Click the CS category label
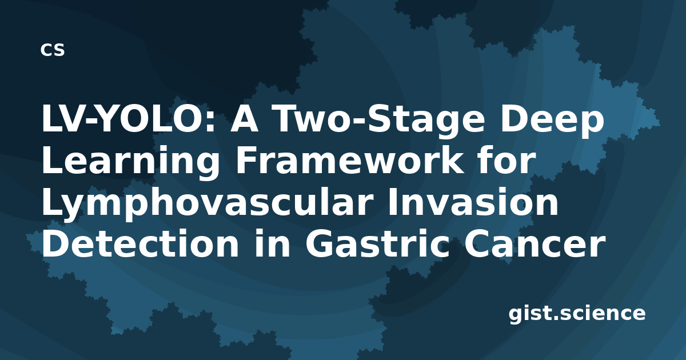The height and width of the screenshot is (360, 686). pos(53,50)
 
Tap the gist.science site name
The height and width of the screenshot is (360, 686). pos(577,314)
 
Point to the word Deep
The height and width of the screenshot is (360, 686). pos(552,122)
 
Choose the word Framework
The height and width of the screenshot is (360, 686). pos(349,161)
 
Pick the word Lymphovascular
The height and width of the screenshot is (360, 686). pos(208,202)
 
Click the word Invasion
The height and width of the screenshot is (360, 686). pos(473,202)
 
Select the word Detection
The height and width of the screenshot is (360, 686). pos(140,243)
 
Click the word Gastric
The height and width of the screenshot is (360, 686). pos(377,243)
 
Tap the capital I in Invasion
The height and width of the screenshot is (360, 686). pos(392,202)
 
